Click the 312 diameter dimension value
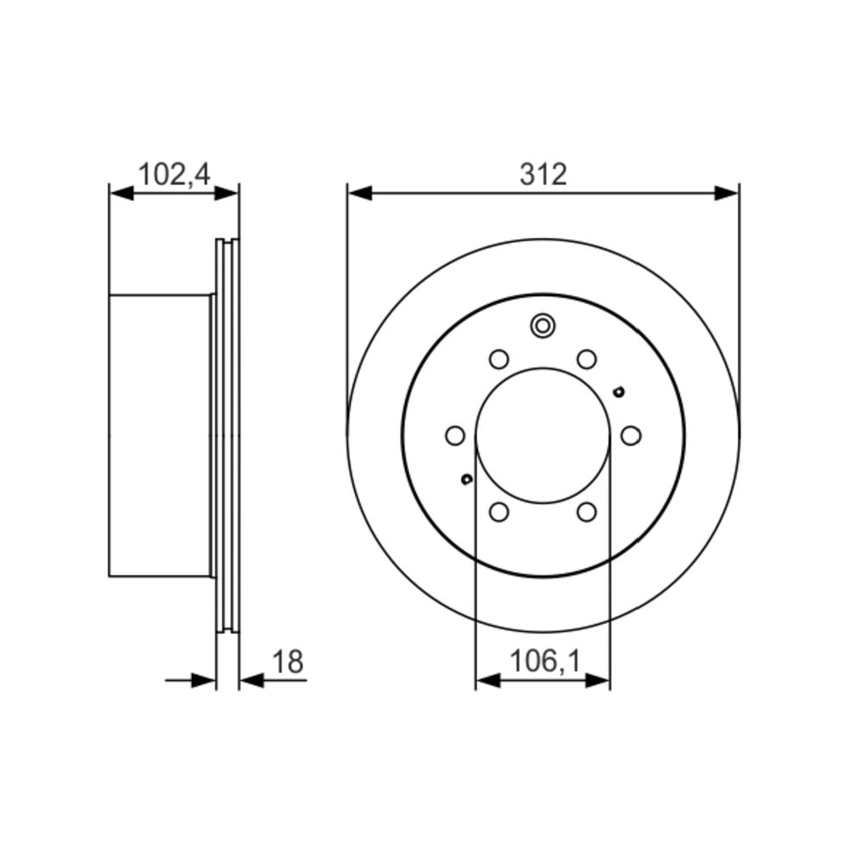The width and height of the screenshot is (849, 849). click(x=543, y=175)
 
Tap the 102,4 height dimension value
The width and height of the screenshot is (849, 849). click(x=174, y=175)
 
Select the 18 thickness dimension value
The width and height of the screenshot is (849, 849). click(x=288, y=661)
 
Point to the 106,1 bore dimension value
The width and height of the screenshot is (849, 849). click(x=545, y=661)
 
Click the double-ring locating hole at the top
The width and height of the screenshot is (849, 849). click(x=543, y=325)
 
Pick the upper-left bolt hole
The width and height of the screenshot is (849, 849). click(x=498, y=358)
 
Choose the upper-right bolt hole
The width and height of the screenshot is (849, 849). click(x=587, y=358)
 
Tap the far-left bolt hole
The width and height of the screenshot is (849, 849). click(x=455, y=436)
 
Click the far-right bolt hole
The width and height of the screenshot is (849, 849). click(x=631, y=436)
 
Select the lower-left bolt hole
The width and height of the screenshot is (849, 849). click(x=498, y=512)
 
